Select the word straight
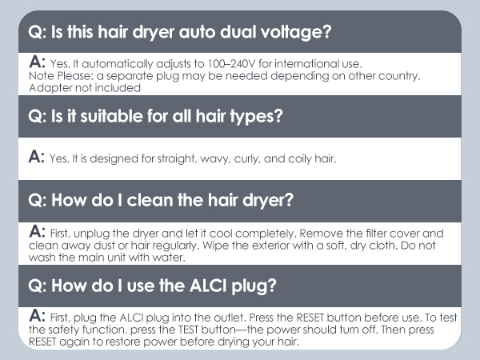point(176,158)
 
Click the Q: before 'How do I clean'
point(37,201)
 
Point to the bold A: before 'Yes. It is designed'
point(37,157)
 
